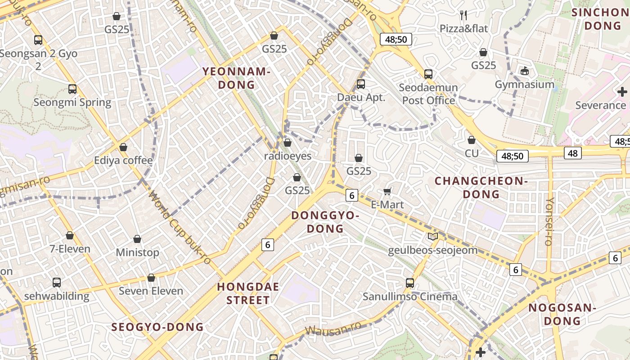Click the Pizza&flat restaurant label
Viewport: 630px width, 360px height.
463,29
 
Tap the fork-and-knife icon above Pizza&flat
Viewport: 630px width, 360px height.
463,15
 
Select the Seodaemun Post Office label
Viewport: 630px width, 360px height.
428,94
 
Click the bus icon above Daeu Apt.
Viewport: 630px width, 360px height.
360,84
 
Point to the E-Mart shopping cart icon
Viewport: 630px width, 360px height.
387,191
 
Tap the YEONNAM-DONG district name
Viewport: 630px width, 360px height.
236,78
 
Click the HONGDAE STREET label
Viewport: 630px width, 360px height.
248,293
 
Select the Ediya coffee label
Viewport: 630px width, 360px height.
123,160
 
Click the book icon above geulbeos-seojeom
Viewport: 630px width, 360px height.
432,237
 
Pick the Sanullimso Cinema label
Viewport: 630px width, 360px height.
410,297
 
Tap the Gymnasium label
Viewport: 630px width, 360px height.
524,85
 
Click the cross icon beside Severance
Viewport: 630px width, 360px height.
622,92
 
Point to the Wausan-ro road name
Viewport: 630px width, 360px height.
333,328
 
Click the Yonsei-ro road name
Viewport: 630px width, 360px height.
549,221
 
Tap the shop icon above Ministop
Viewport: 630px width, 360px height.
137,239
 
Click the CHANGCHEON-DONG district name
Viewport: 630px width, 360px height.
481,188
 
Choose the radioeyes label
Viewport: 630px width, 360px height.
288,156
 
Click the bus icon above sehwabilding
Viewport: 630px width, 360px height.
56,283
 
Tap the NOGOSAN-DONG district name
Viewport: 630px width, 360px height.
562,315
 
